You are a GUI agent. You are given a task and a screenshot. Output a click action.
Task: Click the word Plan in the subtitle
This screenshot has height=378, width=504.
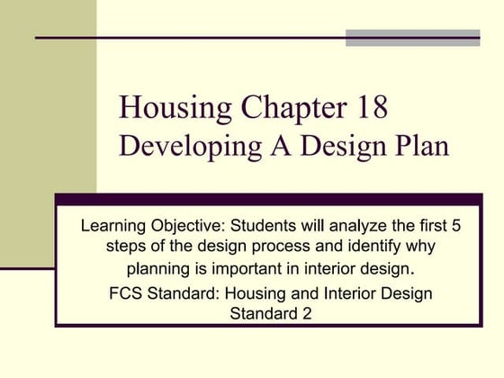(x=419, y=147)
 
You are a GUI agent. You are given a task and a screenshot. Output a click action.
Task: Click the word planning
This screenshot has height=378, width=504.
(x=154, y=268)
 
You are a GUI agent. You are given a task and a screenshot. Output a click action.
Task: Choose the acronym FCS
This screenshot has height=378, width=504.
(x=125, y=293)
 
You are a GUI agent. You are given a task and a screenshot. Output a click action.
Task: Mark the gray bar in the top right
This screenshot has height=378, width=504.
(x=413, y=38)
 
